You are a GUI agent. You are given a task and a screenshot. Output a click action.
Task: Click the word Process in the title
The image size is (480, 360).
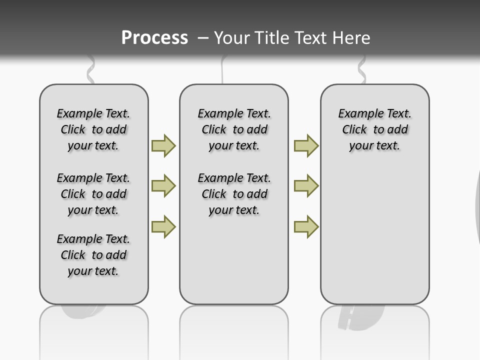pyautogui.click(x=154, y=38)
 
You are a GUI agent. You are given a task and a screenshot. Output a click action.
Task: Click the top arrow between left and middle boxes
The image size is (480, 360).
pyautogui.click(x=163, y=145)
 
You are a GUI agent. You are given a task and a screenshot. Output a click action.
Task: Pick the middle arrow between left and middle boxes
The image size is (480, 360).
pyautogui.click(x=163, y=186)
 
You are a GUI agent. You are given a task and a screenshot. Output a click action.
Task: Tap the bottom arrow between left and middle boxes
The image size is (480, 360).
pyautogui.click(x=163, y=226)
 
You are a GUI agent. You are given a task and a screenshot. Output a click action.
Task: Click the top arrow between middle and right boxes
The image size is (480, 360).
pyautogui.click(x=306, y=145)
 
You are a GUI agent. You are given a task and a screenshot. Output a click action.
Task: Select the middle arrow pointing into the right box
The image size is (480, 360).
pyautogui.click(x=306, y=186)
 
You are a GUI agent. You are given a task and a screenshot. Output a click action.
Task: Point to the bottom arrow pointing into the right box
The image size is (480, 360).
pyautogui.click(x=306, y=226)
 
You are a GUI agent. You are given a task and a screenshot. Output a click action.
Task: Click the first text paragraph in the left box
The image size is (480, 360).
pyautogui.click(x=93, y=129)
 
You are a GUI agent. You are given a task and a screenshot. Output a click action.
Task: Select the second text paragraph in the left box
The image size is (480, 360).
pyautogui.click(x=93, y=194)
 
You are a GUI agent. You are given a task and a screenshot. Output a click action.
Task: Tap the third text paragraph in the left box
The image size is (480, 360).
pyautogui.click(x=93, y=255)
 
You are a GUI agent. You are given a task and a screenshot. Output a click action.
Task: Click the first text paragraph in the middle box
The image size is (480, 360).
pyautogui.click(x=234, y=129)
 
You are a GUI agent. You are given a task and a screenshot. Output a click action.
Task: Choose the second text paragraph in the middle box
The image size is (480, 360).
pyautogui.click(x=234, y=194)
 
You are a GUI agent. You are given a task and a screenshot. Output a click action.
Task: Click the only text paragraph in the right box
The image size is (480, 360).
pyautogui.click(x=374, y=129)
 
